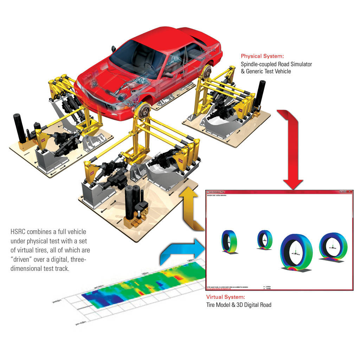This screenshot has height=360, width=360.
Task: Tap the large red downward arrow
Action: point(290,151)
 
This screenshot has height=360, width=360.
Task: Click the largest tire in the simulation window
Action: point(296,251)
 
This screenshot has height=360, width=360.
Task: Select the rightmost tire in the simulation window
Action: point(333,246)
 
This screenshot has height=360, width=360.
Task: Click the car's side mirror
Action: point(113,48)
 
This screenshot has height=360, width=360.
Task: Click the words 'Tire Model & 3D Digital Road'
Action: point(239,305)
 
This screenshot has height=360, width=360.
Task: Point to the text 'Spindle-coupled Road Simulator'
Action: point(276,64)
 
